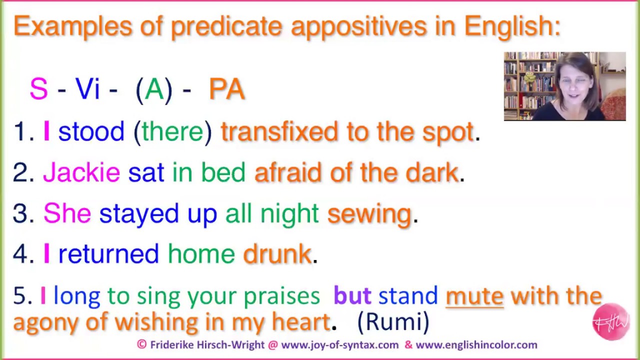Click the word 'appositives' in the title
click(359, 26)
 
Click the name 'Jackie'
click(81, 172)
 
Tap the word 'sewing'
click(369, 214)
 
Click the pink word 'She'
click(67, 214)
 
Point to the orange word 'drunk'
click(277, 254)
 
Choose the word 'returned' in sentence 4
click(108, 254)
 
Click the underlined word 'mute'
click(474, 296)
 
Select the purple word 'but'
click(352, 296)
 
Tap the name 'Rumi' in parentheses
click(393, 322)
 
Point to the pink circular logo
click(610, 321)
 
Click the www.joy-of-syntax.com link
click(340, 344)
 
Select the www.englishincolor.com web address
click(476, 344)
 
